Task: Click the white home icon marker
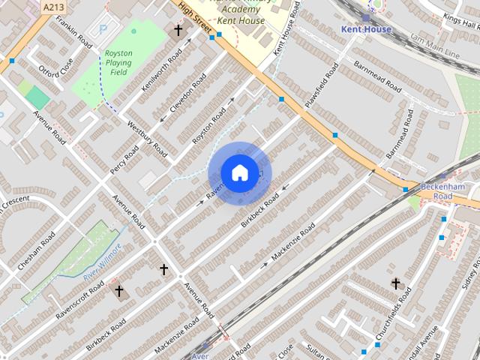(x=239, y=173)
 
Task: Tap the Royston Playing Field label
(x=118, y=64)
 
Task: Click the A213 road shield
(x=52, y=7)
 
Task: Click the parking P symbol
(x=102, y=31)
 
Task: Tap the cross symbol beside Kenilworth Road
(x=178, y=31)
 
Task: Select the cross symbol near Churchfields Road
(x=395, y=283)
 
